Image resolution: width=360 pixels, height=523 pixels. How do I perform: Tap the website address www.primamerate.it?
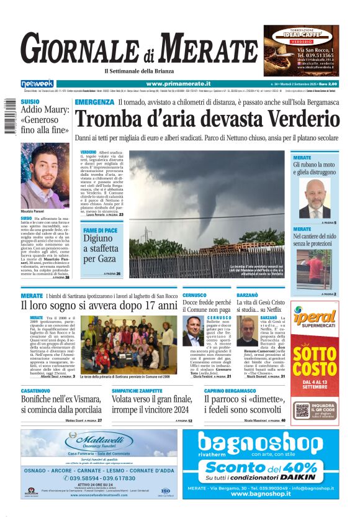[179, 84]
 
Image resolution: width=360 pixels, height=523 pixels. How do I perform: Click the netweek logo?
[37, 84]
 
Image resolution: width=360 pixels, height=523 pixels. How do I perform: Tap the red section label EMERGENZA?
[94, 102]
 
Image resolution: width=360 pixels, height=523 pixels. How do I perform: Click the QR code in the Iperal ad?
[302, 410]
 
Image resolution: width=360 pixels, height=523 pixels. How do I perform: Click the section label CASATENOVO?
[38, 391]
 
